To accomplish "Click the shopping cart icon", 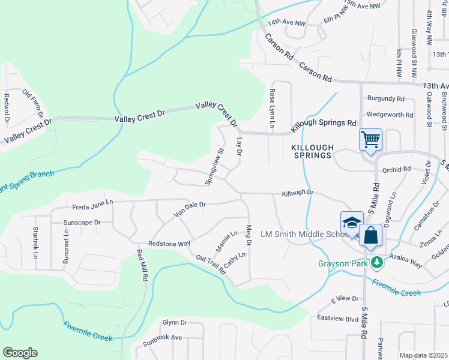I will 371,140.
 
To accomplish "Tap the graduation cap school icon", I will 351,222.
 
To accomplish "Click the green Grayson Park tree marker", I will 376,263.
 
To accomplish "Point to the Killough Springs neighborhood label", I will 312,151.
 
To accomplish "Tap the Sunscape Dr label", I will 81,222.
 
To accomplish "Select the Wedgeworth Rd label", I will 390,114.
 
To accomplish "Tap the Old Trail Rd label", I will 211,265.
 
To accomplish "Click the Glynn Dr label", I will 175,322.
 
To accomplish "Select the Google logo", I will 20,352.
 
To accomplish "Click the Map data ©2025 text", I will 424,355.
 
